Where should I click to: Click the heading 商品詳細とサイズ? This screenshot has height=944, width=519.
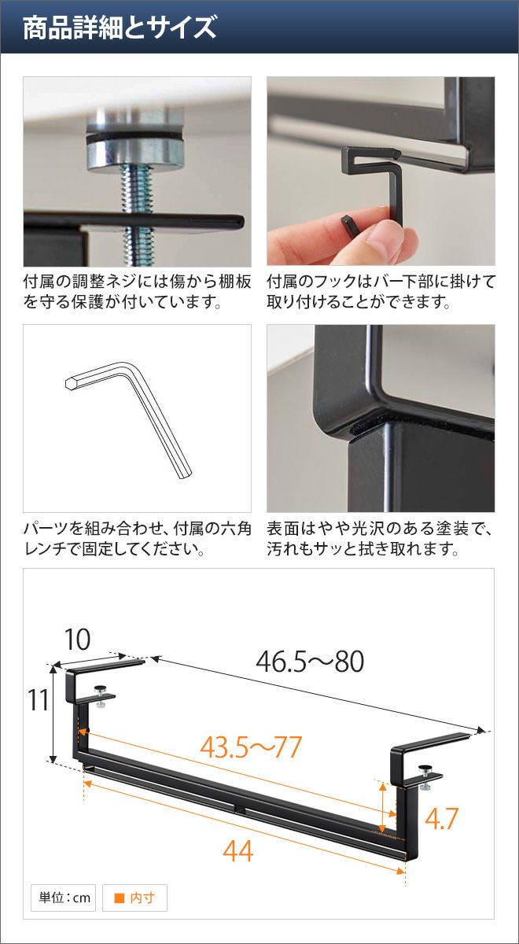pos(120,28)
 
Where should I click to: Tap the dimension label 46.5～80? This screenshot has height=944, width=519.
pos(310,661)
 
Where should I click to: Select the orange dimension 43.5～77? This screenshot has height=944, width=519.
pos(251,747)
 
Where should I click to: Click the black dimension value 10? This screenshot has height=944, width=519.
pos(78,640)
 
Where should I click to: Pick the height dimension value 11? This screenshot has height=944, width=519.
pos(39,699)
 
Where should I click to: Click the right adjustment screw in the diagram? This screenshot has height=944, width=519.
pos(425,776)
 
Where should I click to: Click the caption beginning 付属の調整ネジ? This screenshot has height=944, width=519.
pos(138,292)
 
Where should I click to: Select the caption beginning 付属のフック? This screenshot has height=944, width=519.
pos(381,292)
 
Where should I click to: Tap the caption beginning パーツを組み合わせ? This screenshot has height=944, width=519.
pos(138,539)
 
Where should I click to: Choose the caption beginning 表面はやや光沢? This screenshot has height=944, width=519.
pos(380,539)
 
